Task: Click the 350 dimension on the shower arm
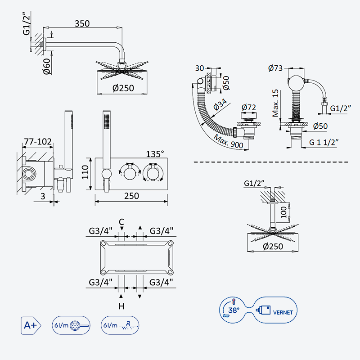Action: coord(82,23)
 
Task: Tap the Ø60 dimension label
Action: coord(47,66)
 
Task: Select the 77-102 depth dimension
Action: coord(38,141)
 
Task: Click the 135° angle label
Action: coord(155,154)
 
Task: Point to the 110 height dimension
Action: coord(85,172)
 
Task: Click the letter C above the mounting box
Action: coord(121,222)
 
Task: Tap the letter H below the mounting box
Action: coord(121,306)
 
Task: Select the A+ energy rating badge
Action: coord(31,325)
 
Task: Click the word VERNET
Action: coord(283,312)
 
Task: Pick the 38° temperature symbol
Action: coord(234,310)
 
